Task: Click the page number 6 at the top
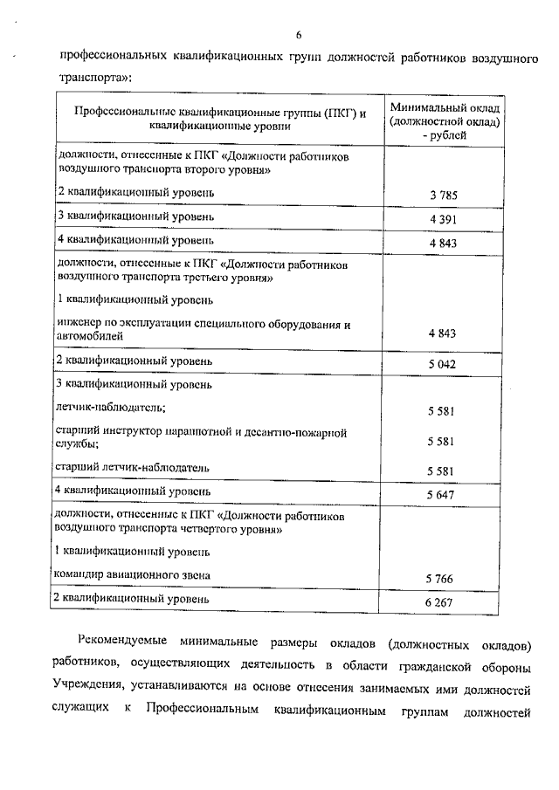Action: point(298,35)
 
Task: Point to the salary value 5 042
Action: point(444,363)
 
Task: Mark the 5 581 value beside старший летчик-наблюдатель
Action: point(444,471)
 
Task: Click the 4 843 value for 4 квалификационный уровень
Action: point(444,243)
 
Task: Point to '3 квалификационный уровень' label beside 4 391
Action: point(135,215)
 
